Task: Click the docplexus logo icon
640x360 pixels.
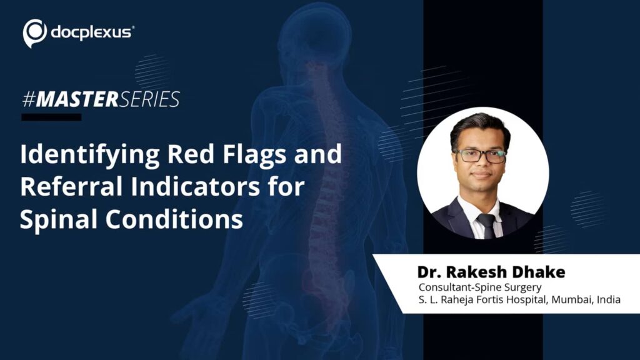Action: (x=35, y=32)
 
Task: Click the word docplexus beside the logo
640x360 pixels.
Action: (x=91, y=32)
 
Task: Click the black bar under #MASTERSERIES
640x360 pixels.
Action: (x=51, y=117)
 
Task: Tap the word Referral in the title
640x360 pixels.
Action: (x=71, y=186)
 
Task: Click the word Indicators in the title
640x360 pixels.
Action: (x=195, y=186)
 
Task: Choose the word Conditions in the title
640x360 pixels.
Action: (x=174, y=219)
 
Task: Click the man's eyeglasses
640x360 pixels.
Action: (x=480, y=156)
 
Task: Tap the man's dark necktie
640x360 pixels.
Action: (x=487, y=225)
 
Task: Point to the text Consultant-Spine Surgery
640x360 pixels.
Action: (x=480, y=287)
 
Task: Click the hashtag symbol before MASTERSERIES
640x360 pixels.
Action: (x=29, y=99)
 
